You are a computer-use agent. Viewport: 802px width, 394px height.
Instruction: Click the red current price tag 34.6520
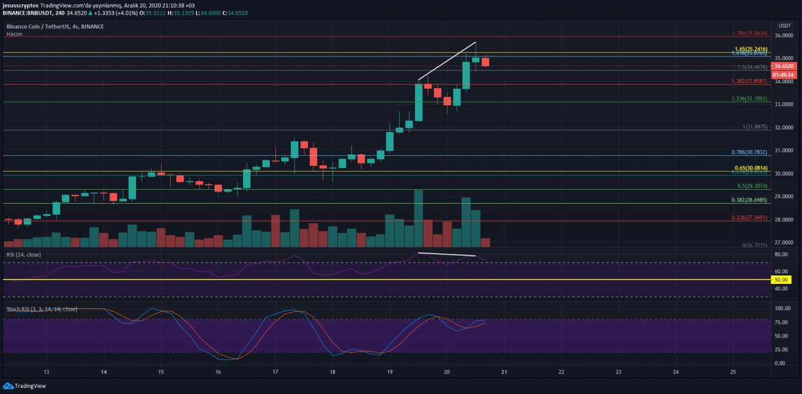(x=783, y=66)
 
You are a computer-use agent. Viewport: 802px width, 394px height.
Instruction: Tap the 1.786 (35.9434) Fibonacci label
(x=749, y=34)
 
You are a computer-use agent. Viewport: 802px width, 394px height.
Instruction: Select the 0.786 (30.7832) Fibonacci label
(x=750, y=152)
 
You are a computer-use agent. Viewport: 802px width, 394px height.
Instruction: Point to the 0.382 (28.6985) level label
(x=750, y=199)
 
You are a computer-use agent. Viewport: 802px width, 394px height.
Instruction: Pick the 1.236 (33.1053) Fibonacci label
(x=749, y=98)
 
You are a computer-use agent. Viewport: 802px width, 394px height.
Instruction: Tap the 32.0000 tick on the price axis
(x=784, y=128)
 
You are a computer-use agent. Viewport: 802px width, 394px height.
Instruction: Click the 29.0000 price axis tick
(x=784, y=197)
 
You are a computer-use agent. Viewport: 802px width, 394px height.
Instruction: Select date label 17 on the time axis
(x=275, y=372)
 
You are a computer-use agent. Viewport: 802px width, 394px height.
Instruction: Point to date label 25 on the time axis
(x=733, y=372)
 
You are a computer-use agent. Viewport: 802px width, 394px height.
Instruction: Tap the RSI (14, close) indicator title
(x=24, y=254)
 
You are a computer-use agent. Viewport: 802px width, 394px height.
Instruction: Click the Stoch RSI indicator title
(x=41, y=309)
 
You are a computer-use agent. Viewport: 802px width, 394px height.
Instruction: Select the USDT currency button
(x=785, y=26)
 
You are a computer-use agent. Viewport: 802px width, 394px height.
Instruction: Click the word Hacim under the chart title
(x=13, y=34)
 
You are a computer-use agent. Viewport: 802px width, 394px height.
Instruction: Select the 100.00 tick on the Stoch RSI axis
(x=783, y=308)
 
